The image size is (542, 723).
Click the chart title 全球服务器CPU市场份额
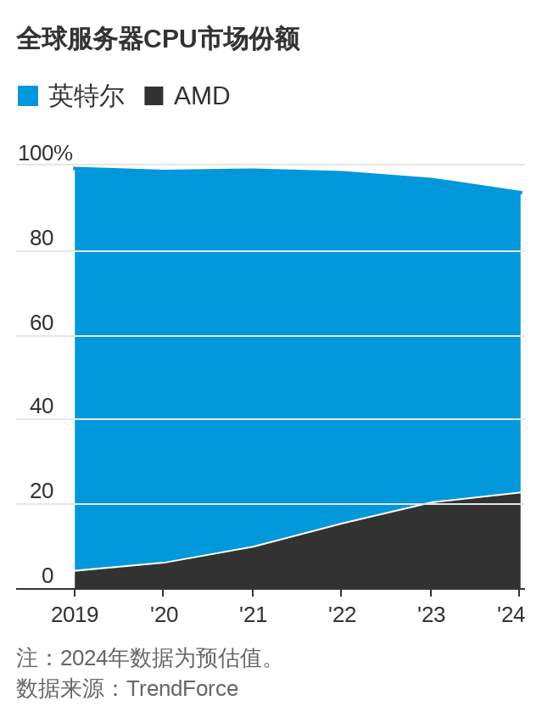(x=158, y=39)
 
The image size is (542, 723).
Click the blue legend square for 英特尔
(x=28, y=96)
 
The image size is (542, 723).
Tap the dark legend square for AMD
(x=154, y=96)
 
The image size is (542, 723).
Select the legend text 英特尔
(x=87, y=96)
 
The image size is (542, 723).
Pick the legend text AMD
(x=202, y=96)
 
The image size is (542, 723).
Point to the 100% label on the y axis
(x=45, y=153)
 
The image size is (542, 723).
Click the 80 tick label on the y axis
(x=42, y=238)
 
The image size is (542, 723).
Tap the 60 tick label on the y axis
(x=42, y=322)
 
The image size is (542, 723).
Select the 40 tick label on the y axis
(x=42, y=406)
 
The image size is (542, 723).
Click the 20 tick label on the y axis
(x=42, y=490)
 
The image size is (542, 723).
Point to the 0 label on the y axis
(x=47, y=575)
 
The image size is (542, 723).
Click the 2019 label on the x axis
(x=75, y=614)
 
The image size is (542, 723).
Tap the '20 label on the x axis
(x=164, y=614)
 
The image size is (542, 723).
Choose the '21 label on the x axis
(x=253, y=614)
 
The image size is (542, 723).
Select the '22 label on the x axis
(x=342, y=614)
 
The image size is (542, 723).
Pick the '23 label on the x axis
(x=431, y=614)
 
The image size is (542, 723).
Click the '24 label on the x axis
(x=511, y=614)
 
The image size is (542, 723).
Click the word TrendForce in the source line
(x=182, y=688)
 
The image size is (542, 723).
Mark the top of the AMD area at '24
(x=520, y=493)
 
